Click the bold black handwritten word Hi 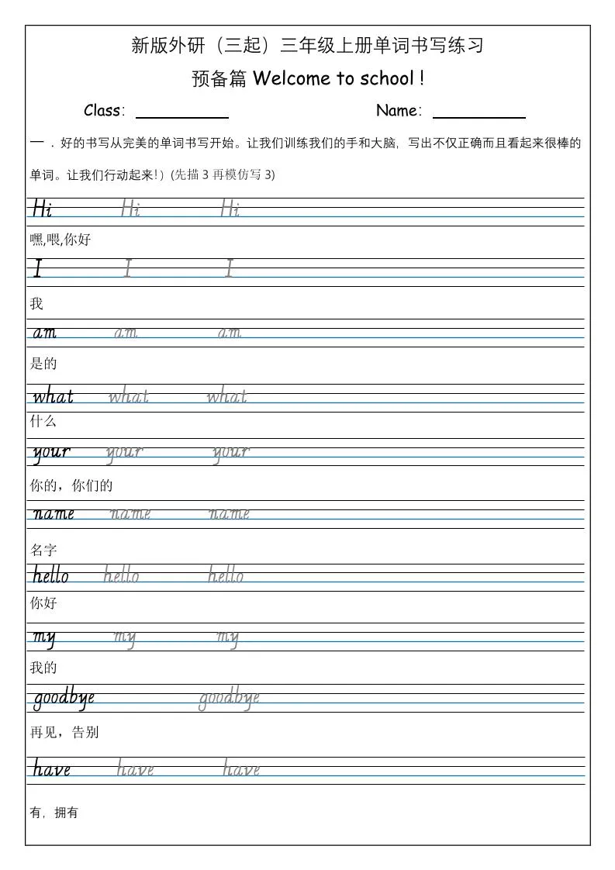42,209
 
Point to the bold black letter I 37,269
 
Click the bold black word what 53,397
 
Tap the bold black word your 51,452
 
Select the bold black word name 54,513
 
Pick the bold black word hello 50,575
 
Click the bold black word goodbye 64,698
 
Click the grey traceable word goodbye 229,698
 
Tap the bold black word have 52,769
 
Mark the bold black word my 43,637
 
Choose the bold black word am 44,333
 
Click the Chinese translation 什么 43,422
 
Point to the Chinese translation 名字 43,551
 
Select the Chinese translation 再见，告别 64,733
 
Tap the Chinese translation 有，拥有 54,813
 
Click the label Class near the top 103,111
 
